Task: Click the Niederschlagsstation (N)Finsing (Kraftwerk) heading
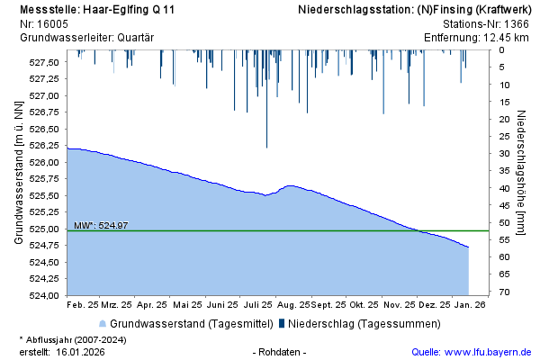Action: pos(415,9)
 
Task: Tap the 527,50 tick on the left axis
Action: pos(44,63)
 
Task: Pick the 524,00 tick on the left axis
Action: pos(44,295)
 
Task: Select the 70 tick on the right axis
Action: pos(505,292)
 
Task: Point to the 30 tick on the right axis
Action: pos(505,154)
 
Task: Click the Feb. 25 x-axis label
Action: pos(85,306)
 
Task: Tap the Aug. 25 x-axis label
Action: pos(293,306)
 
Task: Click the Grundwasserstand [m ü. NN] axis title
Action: pos(18,174)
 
